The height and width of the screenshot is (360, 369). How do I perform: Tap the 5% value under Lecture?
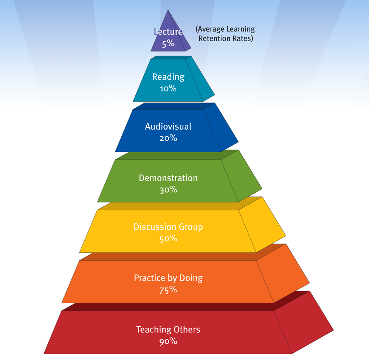click(168, 44)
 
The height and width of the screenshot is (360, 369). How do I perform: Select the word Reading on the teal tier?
click(168, 77)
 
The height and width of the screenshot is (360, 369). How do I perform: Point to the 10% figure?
click(168, 89)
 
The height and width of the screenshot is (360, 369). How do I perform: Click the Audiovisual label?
click(168, 127)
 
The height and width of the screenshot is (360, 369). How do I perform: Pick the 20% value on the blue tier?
click(168, 138)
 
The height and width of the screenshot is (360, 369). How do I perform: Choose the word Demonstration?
click(168, 178)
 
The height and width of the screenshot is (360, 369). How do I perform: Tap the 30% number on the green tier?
click(168, 190)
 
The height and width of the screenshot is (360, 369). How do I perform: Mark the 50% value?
click(168, 239)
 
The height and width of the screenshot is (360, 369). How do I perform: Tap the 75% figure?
click(168, 290)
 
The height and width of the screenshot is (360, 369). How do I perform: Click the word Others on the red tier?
click(187, 329)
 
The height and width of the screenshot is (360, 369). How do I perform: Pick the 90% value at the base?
click(168, 341)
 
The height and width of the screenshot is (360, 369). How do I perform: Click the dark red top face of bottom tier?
click(181, 306)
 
